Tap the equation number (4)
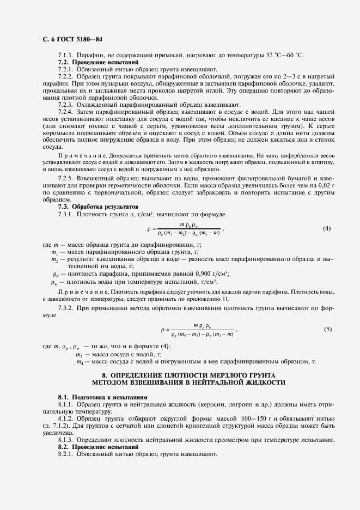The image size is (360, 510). tap(327, 228)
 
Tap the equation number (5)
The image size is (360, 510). tap(327, 329)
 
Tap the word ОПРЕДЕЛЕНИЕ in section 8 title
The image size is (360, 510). tap(140, 375)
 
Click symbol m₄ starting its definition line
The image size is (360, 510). tap(80, 361)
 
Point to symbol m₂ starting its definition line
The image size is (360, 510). tap(54, 260)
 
